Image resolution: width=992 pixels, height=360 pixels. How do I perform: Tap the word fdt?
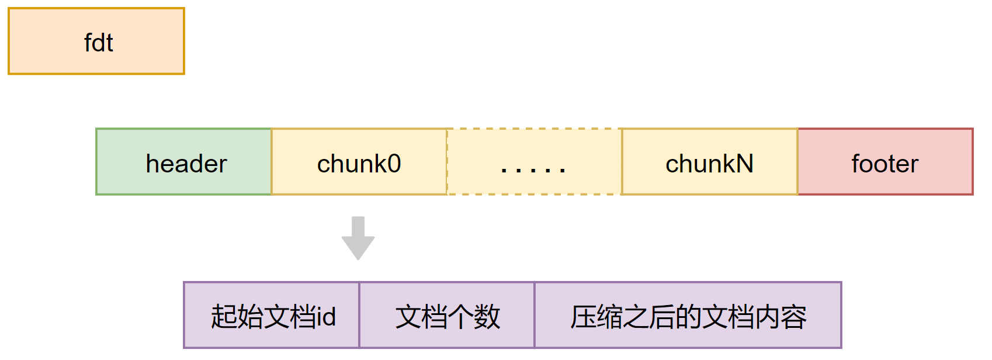[x=98, y=43]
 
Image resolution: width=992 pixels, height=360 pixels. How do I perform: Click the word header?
[x=186, y=164]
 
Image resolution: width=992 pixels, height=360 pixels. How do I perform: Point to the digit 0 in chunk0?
[x=394, y=164]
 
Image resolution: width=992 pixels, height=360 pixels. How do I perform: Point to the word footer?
[x=885, y=164]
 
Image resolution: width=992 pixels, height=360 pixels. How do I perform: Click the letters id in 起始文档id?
[x=325, y=317]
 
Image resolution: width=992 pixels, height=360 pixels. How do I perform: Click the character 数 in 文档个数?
[x=487, y=317]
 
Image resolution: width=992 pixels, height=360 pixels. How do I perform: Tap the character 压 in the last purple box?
[x=583, y=317]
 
